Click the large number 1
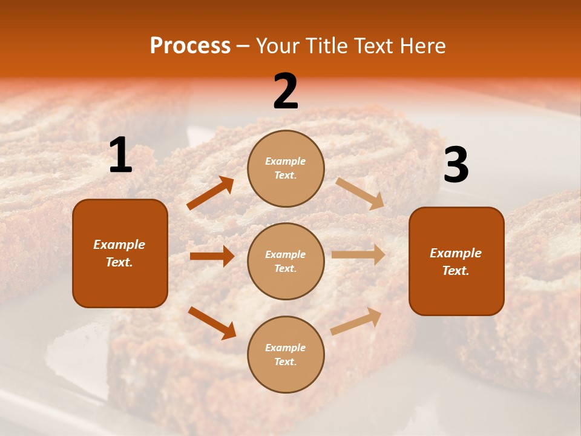[120, 156]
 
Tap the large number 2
[286, 92]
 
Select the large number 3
[456, 165]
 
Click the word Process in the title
[190, 45]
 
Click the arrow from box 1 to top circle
[211, 193]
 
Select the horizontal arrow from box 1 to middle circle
[212, 256]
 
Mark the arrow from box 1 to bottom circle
[212, 323]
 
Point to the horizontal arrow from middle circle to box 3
[358, 255]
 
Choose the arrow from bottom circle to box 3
[356, 321]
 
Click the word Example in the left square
[119, 245]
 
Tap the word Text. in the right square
[456, 271]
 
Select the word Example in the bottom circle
[286, 348]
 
